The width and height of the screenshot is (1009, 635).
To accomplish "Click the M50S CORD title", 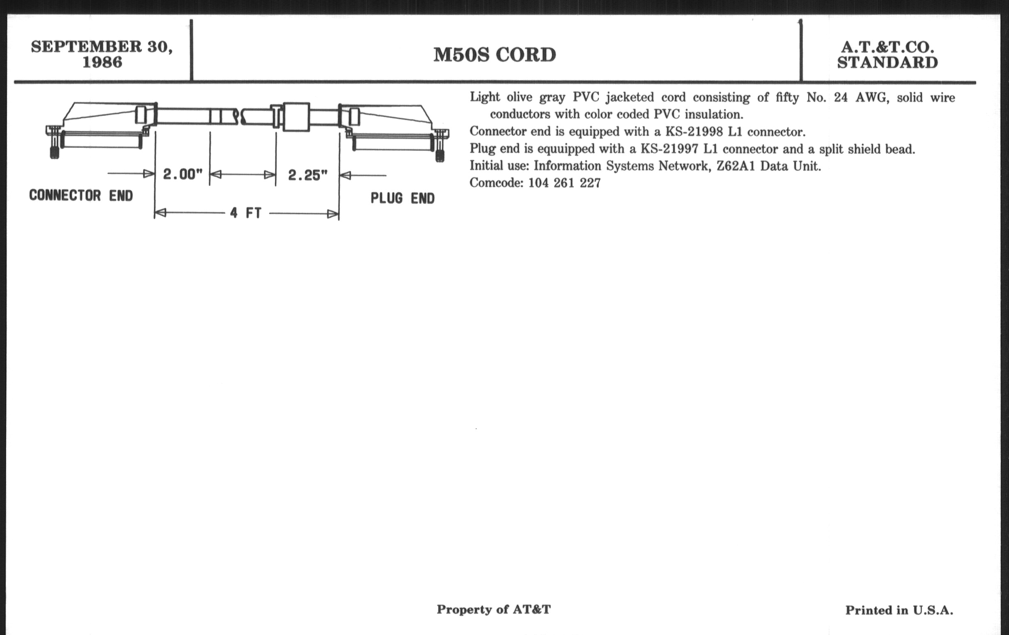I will tap(495, 55).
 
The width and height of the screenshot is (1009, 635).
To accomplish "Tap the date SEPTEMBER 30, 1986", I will tap(102, 54).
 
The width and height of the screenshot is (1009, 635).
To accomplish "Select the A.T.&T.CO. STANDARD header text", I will tap(887, 55).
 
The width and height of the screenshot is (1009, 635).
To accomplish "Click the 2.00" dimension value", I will tap(183, 174).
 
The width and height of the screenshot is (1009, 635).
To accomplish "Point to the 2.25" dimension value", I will tap(307, 175).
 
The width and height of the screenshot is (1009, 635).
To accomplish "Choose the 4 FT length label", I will tap(246, 213).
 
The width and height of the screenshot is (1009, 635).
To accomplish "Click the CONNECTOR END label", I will tap(81, 195).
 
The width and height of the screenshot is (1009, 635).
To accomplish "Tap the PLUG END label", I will tap(402, 198).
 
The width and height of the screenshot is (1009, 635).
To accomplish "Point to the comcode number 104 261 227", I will tap(564, 183).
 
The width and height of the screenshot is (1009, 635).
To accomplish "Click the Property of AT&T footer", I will tap(494, 609).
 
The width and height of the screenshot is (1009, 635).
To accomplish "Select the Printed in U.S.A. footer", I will tap(899, 610).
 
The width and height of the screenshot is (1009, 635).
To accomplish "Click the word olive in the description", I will tap(519, 97).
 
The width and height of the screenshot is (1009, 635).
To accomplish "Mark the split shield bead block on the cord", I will tap(296, 117).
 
